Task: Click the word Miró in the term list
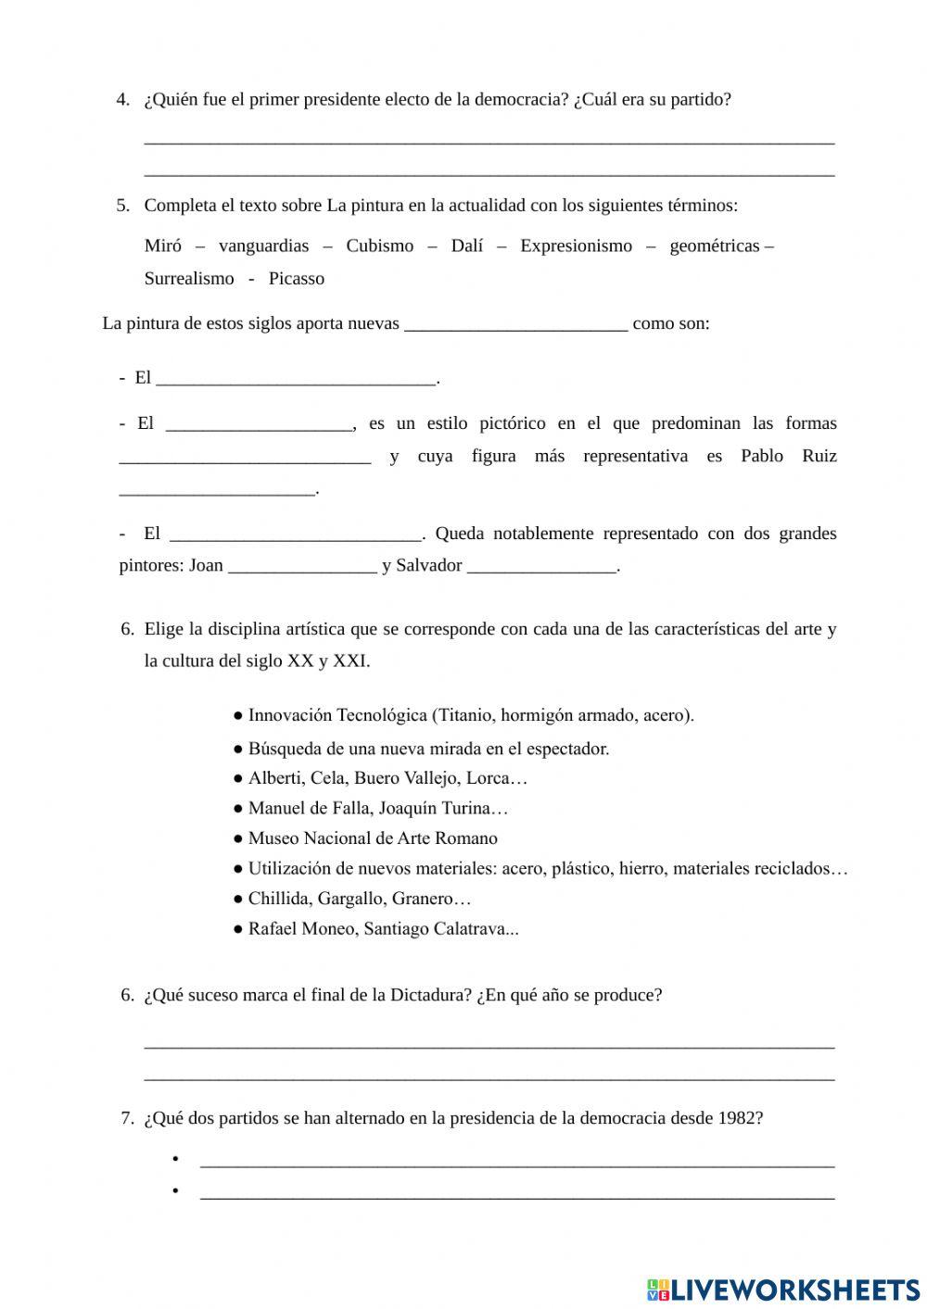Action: coord(162,245)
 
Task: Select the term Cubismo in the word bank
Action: coord(379,245)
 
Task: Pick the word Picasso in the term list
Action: coord(296,278)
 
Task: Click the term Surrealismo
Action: coord(189,278)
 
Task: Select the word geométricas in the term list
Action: coord(714,245)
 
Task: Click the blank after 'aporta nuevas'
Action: coord(515,324)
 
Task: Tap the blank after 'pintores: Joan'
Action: coord(302,566)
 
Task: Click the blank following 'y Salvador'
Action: coord(541,566)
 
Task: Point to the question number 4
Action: coord(122,99)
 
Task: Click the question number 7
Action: coord(127,1117)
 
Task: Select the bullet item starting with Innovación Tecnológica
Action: coord(470,715)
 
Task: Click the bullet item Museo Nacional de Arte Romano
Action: coord(372,838)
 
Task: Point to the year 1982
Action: coord(740,1117)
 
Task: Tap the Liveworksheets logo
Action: coord(783,1289)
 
